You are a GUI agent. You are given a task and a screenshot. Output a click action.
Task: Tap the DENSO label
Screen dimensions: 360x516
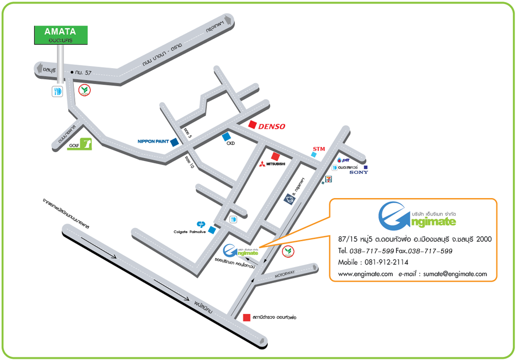click(x=271, y=126)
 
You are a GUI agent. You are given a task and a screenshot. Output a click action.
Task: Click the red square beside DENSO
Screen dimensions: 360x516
click(x=252, y=124)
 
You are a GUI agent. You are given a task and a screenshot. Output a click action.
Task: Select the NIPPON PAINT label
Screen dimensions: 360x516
click(x=153, y=141)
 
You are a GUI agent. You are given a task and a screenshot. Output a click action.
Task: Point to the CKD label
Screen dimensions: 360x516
click(x=231, y=144)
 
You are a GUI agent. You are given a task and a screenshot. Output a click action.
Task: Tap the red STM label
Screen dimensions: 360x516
click(x=319, y=149)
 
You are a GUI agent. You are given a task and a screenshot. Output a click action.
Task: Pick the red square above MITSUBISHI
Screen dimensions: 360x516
click(x=276, y=156)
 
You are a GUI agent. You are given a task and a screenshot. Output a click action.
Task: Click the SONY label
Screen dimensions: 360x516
click(x=359, y=172)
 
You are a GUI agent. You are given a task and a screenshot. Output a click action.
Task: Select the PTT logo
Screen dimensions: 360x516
click(x=343, y=160)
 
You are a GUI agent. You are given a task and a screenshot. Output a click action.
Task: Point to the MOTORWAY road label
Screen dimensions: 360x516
click(x=284, y=275)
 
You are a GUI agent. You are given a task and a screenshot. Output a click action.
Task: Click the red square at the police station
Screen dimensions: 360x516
click(x=247, y=317)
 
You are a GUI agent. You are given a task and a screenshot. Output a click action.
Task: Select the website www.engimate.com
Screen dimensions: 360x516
click(x=365, y=274)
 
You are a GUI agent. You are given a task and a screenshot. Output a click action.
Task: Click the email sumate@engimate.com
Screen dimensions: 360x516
click(x=455, y=274)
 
